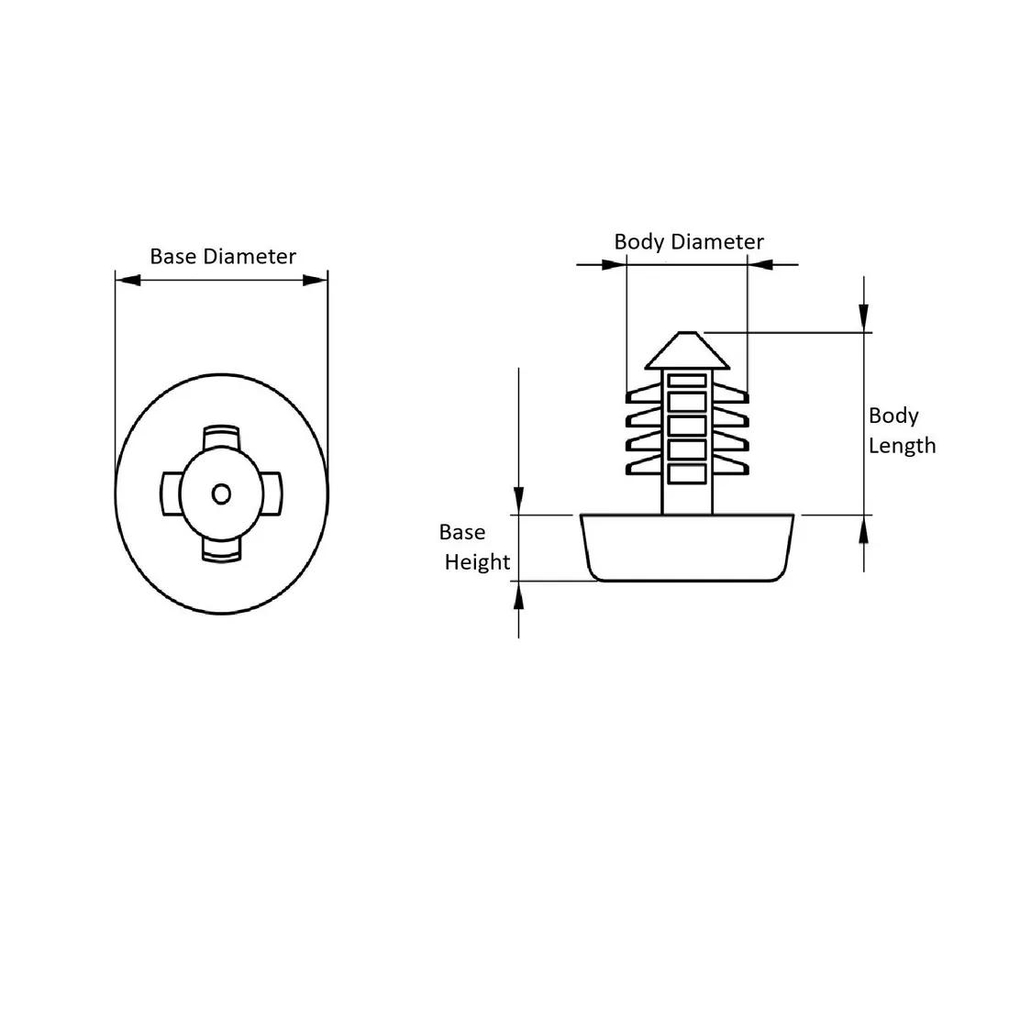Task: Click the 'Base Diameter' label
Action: point(223,256)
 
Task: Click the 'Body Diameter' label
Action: point(689,242)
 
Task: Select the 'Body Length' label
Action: point(902,430)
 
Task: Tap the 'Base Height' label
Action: point(474,547)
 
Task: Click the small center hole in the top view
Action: point(221,494)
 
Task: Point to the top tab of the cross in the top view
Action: point(221,437)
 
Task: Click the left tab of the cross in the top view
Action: point(170,494)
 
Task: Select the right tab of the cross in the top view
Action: point(272,494)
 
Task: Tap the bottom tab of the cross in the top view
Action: point(221,550)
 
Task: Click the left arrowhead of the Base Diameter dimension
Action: point(128,280)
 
